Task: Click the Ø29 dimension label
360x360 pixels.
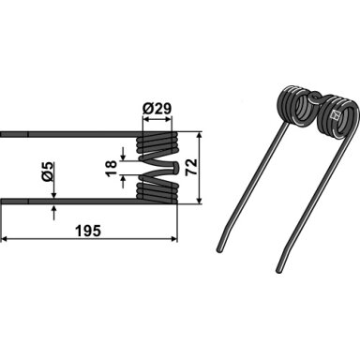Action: pos(157,109)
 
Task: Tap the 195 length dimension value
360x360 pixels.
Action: pos(88,232)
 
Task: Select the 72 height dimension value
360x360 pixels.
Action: pos(191,167)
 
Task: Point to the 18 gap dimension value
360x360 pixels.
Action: pos(111,168)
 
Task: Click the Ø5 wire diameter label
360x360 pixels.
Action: pos(48,172)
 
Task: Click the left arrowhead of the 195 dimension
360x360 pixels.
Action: pos(5,239)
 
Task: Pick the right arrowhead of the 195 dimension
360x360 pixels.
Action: pos(174,239)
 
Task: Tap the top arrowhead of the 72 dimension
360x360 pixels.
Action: pos(199,135)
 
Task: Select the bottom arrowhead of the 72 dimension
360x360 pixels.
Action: pos(199,201)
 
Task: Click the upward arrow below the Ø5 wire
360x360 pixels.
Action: pos(53,212)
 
